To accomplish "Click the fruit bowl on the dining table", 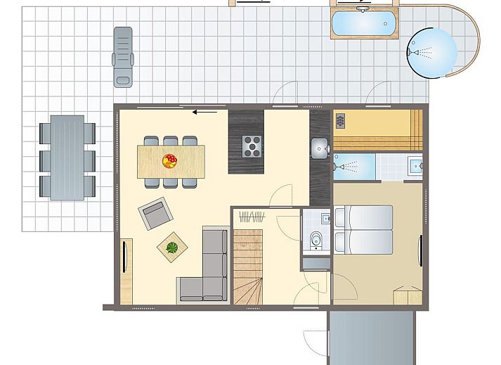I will point(169,160).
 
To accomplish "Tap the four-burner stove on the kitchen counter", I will point(252,146).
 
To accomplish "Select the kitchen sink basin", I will point(320,148).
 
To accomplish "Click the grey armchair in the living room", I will point(155,213).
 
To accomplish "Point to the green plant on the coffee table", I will point(171,247).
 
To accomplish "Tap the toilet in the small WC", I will point(316,239).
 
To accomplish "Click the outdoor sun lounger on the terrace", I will point(123,56).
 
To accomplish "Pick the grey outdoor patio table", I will point(67,158).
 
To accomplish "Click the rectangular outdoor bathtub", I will point(363,23).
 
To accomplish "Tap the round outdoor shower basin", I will point(431,53).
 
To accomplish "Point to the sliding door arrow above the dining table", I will point(204,111).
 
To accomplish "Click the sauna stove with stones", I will point(341,122).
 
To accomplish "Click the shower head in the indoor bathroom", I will point(340,167).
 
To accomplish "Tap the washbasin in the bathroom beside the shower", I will point(415,166).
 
